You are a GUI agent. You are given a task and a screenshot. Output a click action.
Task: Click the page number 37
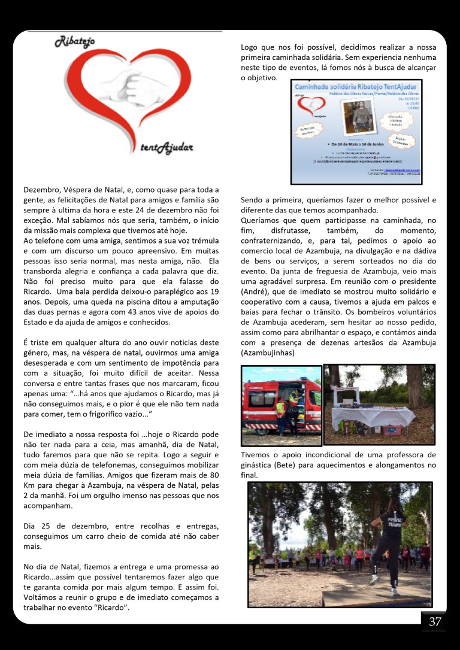coord(435,622)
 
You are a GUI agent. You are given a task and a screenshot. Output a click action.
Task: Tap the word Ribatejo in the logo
coord(75,41)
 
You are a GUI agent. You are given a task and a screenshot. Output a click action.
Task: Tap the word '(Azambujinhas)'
coord(271,353)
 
